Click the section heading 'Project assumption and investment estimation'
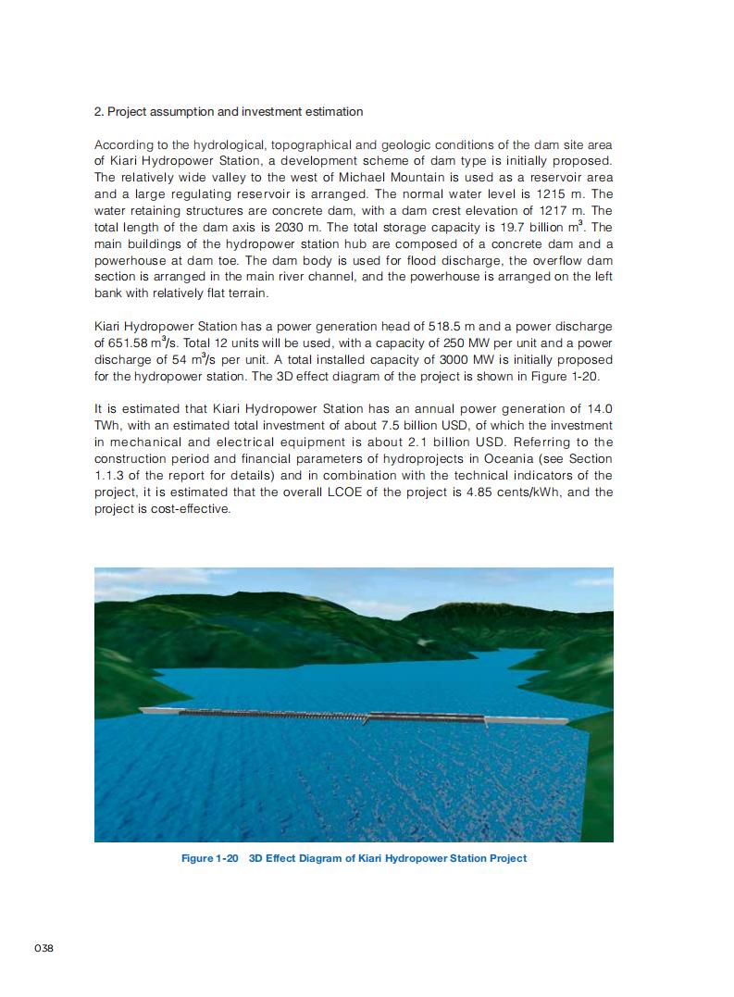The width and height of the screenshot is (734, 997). (235, 112)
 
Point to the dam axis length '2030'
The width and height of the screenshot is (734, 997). (291, 228)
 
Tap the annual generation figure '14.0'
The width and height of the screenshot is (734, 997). (602, 409)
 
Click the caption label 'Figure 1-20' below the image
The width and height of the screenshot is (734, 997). (210, 858)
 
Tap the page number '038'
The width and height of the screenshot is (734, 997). (44, 948)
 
